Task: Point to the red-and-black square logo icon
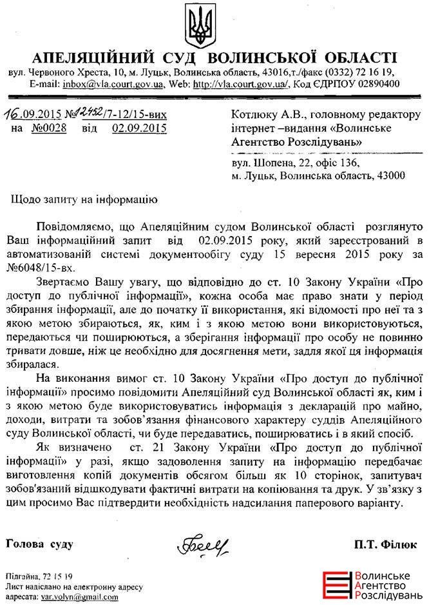[334, 584]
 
